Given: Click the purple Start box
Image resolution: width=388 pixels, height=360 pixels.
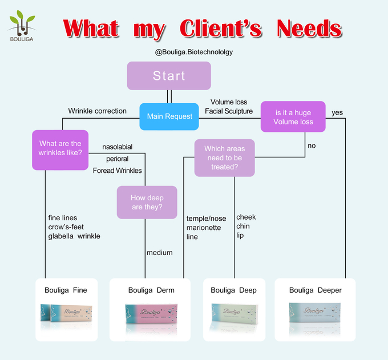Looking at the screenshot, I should (169, 76).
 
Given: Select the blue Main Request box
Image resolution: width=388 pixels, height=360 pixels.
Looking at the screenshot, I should (169, 116).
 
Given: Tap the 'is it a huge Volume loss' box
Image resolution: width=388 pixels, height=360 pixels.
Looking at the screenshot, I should (293, 116).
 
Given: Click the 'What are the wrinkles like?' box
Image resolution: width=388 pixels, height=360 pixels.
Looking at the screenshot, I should (60, 148).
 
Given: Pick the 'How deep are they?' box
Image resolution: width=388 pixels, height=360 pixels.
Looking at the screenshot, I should (147, 203).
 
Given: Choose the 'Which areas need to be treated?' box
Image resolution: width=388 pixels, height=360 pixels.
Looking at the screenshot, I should (224, 158).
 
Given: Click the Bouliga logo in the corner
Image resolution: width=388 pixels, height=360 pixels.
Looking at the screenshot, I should (22, 26).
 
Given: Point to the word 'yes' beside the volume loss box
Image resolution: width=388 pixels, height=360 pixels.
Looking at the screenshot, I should (337, 112).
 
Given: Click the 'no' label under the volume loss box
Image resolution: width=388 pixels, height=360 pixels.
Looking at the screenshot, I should (312, 145).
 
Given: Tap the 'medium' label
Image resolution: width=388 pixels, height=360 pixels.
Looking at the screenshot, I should (160, 253).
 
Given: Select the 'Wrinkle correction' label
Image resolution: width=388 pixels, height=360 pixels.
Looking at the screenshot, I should (97, 111).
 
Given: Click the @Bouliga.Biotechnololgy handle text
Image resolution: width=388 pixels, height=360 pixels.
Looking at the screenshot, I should (194, 52).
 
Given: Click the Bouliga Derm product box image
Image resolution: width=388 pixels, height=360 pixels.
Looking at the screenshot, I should (151, 316).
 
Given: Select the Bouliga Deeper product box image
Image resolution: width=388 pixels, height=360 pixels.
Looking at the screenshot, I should (315, 315).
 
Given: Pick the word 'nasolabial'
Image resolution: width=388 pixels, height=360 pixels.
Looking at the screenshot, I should (118, 147).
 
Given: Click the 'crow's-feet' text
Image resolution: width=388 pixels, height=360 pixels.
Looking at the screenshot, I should (66, 227).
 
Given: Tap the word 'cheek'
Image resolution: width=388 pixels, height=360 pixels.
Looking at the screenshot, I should (246, 217).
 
